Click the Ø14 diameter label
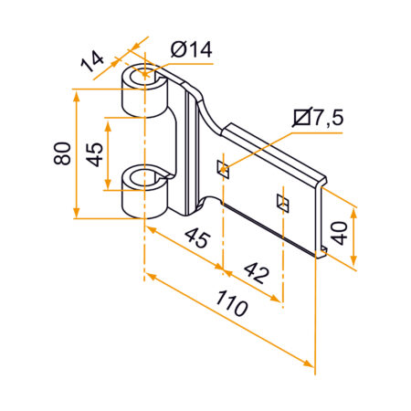[x=191, y=50]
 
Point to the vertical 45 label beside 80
[x=94, y=153]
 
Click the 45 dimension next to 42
[x=195, y=239]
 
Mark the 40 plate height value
[x=339, y=233]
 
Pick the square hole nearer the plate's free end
[x=282, y=200]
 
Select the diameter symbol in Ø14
[x=175, y=50]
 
